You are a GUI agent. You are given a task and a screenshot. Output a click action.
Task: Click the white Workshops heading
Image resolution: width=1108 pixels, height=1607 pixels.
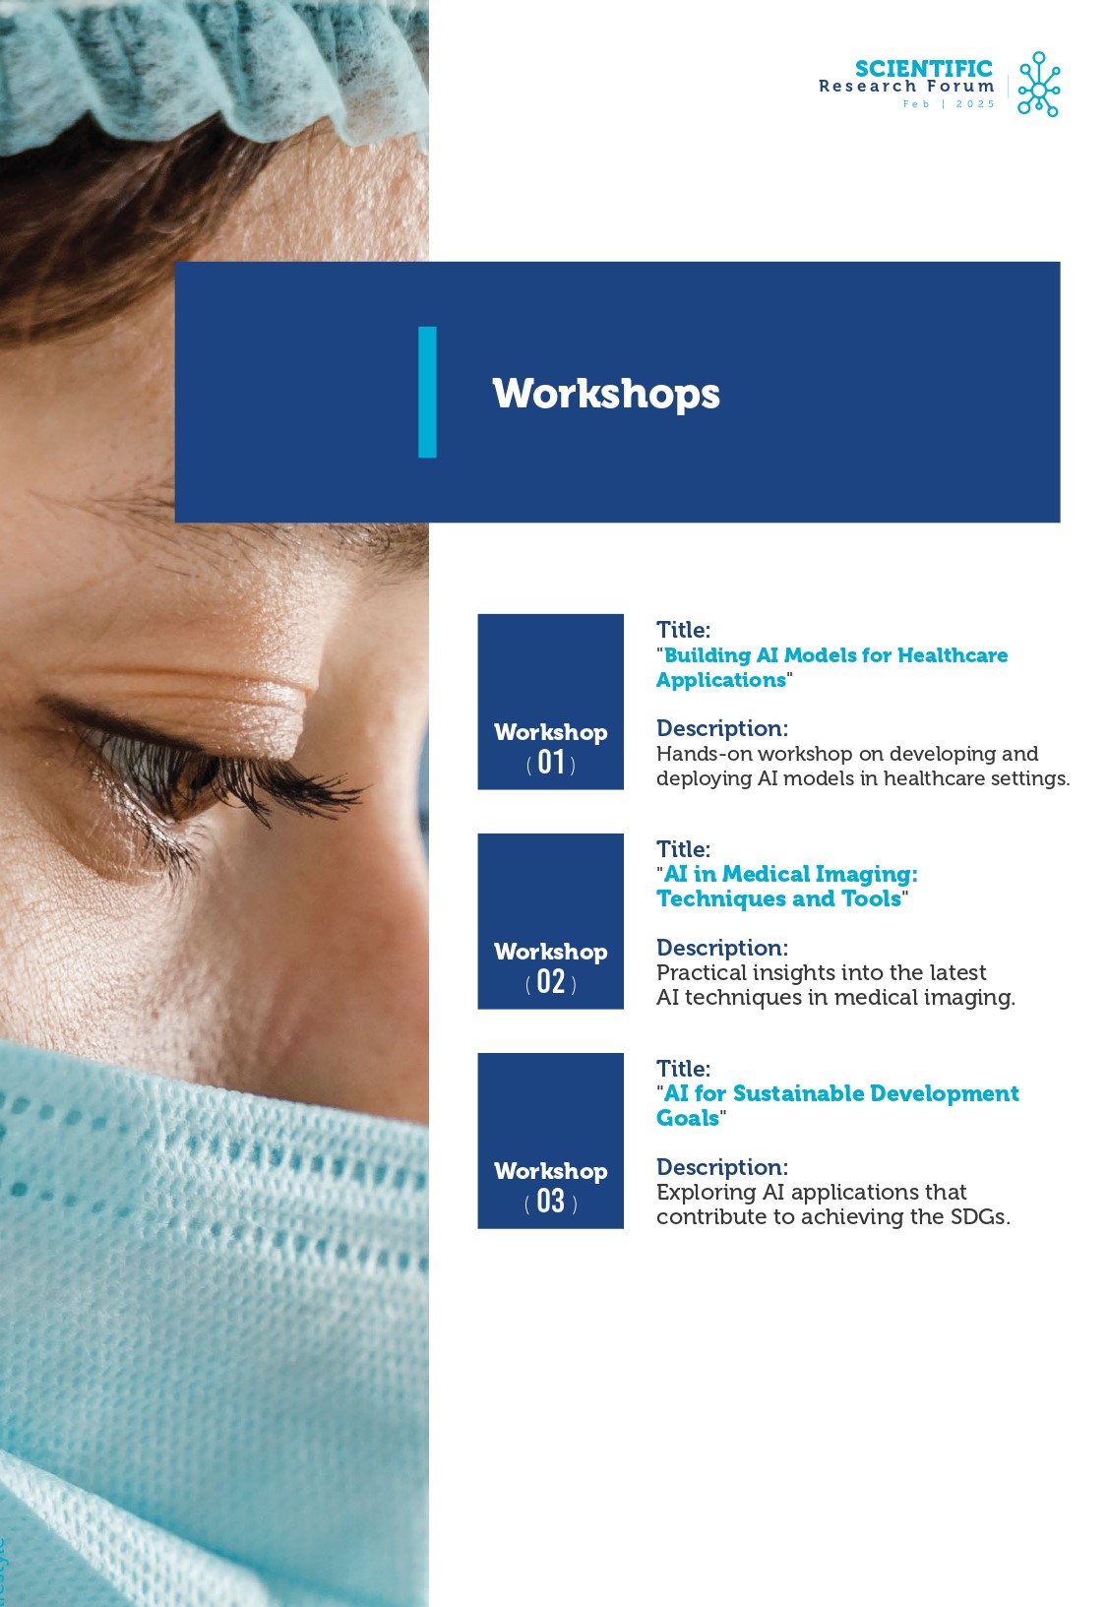coord(606,394)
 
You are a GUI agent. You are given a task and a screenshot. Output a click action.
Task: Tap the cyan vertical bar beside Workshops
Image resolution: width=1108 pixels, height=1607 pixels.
coord(427,392)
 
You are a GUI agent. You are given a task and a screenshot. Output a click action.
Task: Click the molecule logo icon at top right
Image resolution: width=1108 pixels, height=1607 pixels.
coord(1038,84)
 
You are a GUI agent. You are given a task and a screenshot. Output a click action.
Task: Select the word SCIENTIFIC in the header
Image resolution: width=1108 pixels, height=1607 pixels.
coord(924,69)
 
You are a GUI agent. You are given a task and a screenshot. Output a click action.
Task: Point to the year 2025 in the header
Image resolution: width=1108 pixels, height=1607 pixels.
coord(975,104)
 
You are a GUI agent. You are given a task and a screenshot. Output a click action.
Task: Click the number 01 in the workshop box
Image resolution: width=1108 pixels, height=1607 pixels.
coord(551,762)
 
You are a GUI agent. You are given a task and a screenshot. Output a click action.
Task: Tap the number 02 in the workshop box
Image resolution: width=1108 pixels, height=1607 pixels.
coord(551,981)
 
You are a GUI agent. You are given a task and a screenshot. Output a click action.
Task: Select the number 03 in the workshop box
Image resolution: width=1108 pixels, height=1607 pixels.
coord(551,1201)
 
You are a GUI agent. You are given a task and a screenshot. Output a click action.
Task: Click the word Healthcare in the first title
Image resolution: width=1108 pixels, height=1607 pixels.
coord(953,655)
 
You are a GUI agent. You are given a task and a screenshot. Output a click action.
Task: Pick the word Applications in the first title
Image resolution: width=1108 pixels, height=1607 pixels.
coord(721,680)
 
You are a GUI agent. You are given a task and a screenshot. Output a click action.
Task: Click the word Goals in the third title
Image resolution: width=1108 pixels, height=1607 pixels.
coord(688,1119)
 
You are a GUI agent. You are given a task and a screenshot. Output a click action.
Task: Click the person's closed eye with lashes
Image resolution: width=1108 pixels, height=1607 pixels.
coord(208,768)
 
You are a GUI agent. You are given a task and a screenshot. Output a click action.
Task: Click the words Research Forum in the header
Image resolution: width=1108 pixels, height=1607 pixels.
coord(906,87)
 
